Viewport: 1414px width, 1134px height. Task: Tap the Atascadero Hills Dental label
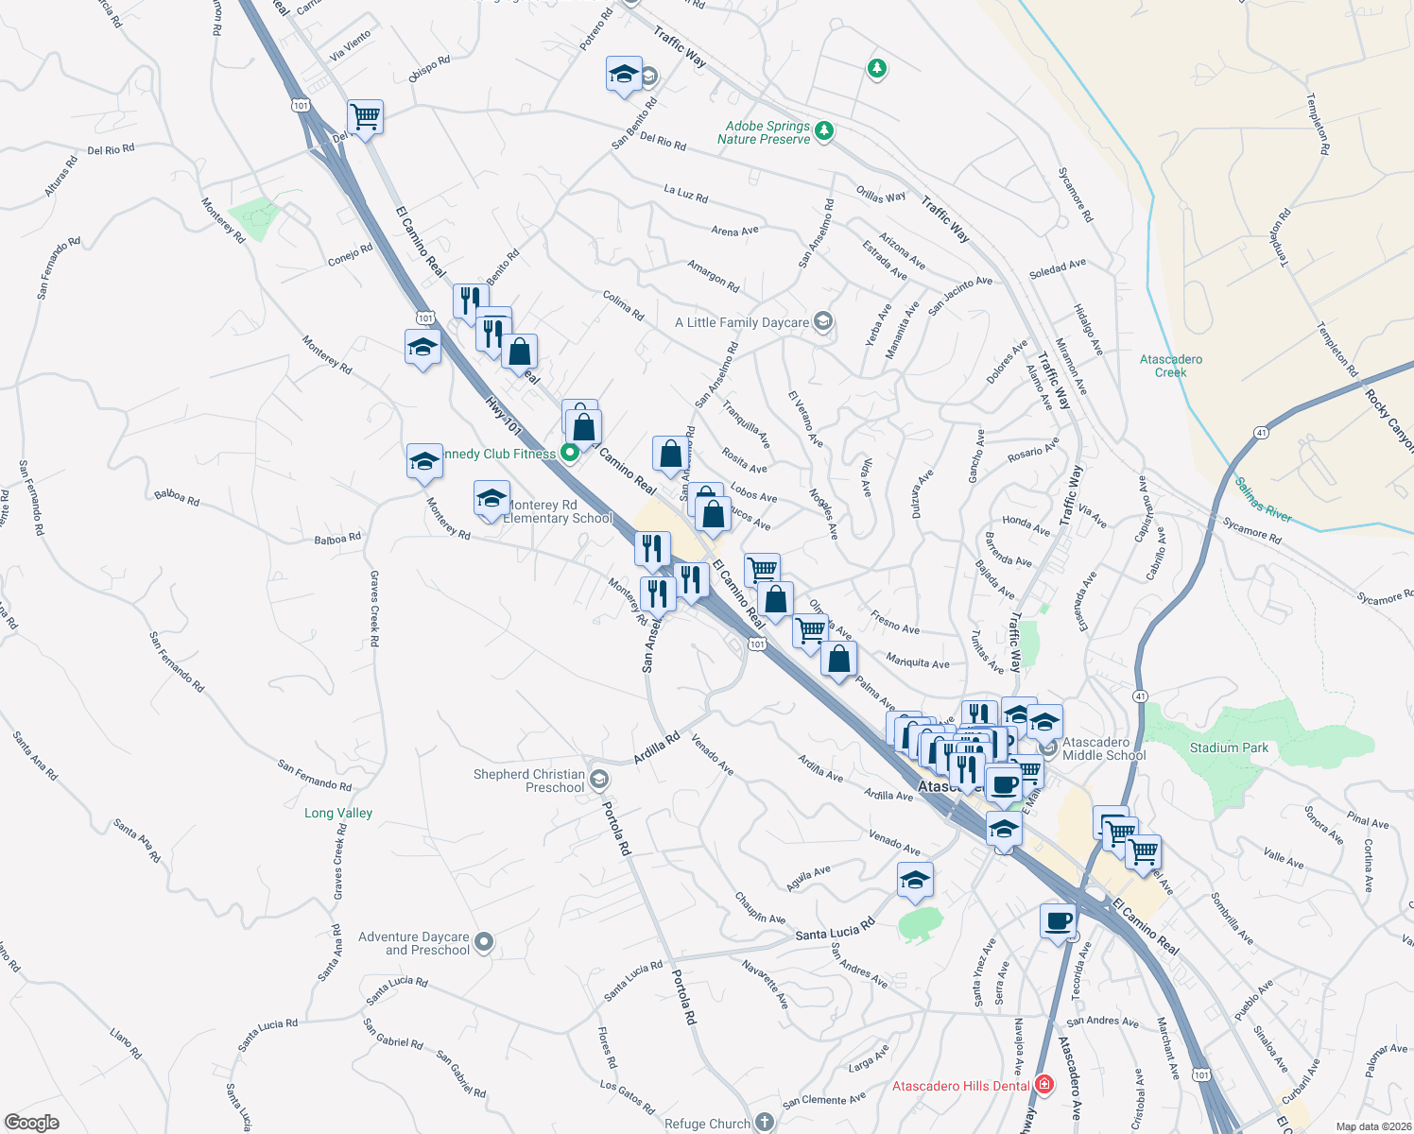[x=960, y=1086]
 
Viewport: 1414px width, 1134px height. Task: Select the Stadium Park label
[x=1229, y=747]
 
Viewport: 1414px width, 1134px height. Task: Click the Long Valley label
[x=338, y=813]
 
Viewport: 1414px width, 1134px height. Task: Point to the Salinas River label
[x=1263, y=500]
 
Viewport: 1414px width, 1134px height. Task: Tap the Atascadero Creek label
[x=1171, y=366]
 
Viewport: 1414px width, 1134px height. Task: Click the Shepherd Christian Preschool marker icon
[x=598, y=780]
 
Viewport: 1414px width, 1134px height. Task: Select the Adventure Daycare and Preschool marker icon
[x=484, y=942]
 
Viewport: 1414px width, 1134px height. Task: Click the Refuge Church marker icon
[x=764, y=1123]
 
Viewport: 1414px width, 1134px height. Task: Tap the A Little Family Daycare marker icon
[x=823, y=322]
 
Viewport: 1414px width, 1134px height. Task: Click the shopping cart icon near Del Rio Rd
[x=365, y=117]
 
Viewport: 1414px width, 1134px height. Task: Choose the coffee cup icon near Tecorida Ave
[x=1058, y=919]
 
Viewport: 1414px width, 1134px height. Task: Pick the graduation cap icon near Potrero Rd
[x=624, y=75]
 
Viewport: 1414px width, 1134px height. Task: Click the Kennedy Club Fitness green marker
[x=569, y=453]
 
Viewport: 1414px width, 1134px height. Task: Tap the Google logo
[x=32, y=1123]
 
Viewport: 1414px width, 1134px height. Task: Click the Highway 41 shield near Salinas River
[x=1261, y=433]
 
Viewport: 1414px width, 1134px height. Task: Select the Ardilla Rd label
[x=657, y=749]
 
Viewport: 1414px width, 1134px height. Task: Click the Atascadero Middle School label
[x=1103, y=748]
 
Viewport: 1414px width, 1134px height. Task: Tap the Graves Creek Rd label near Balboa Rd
[x=374, y=609]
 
